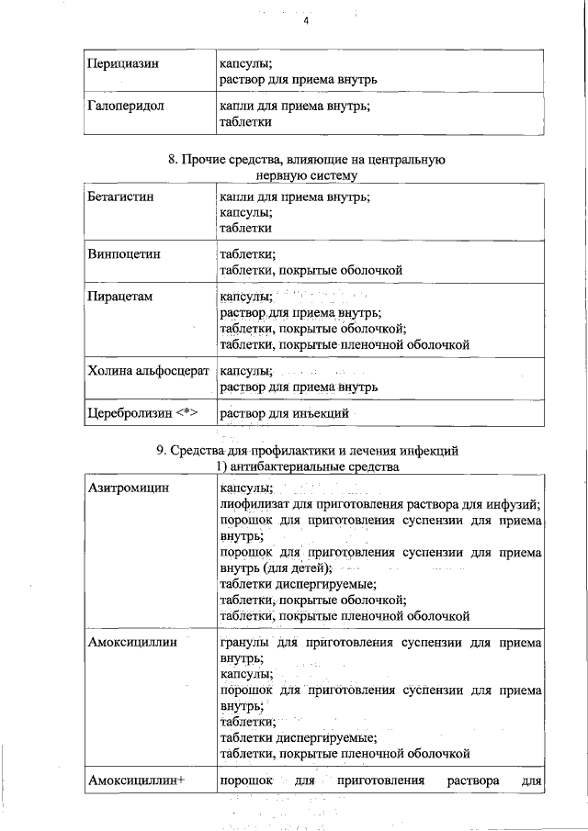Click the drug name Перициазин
coord(123,64)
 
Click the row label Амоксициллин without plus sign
coord(132,645)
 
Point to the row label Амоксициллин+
coord(137,781)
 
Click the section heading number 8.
coord(172,160)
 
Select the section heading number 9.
coord(162,451)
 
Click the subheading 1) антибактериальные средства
coord(306,467)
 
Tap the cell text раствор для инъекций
coord(284,414)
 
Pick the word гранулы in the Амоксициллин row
coord(244,645)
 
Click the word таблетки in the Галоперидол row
coord(245,121)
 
